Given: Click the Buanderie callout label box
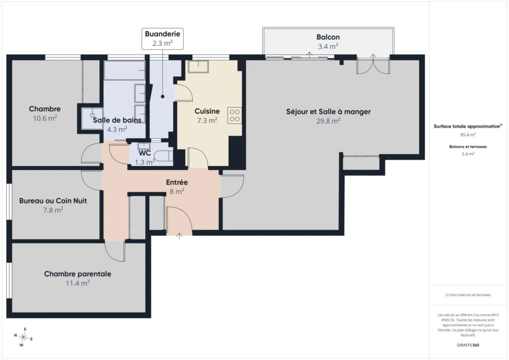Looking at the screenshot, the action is point(163,39).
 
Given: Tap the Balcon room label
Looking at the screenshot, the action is point(328,37).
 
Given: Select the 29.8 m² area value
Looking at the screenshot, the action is point(328,121).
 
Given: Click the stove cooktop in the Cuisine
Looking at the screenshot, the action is point(235,115).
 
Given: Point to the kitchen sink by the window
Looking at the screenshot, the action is point(198,67).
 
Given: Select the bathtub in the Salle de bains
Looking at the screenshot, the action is point(124,71).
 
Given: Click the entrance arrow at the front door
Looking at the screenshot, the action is point(179,236).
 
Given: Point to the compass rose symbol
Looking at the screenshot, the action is point(23,337).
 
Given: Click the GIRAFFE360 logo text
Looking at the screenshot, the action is point(468,345).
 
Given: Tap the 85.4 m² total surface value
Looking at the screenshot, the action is point(468,135).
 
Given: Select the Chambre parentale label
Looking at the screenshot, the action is point(78,274).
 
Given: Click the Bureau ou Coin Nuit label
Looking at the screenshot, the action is point(53,200).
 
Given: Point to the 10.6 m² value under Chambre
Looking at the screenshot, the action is point(45,118).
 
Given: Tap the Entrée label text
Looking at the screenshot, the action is point(177,182).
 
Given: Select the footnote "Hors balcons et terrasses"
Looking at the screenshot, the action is point(468,295).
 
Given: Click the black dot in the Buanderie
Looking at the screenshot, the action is point(163,96).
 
